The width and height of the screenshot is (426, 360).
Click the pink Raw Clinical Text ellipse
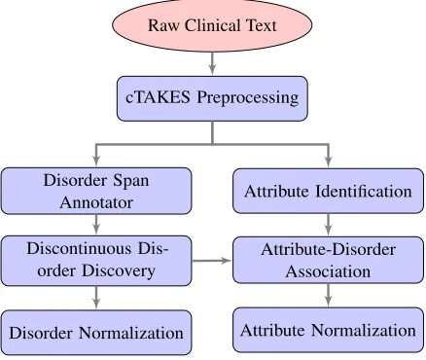(x=212, y=25)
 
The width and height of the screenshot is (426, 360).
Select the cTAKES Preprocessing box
(x=212, y=98)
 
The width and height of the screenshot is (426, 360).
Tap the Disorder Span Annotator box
(x=96, y=191)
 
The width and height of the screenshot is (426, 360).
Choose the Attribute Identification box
(x=328, y=191)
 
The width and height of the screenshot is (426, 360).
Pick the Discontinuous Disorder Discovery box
(x=96, y=261)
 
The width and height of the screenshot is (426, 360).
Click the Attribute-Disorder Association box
(x=328, y=260)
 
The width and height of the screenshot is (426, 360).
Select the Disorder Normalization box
(x=96, y=333)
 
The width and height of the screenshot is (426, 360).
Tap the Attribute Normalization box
(x=328, y=330)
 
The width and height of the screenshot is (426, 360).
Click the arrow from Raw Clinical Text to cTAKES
(x=212, y=64)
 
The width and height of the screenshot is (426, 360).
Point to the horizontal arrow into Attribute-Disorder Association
(x=212, y=260)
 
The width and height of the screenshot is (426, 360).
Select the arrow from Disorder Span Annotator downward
(x=96, y=225)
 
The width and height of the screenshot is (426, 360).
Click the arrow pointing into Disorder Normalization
(x=96, y=298)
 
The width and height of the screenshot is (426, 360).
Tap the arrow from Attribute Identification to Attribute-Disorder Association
(x=328, y=225)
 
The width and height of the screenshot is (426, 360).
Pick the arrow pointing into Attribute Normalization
(x=328, y=296)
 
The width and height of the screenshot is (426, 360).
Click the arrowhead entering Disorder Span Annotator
(x=96, y=162)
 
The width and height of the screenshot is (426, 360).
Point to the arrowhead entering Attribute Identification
(x=328, y=162)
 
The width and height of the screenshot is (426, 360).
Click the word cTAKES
(x=158, y=97)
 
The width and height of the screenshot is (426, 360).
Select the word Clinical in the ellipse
(x=213, y=25)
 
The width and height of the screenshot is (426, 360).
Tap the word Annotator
(x=96, y=202)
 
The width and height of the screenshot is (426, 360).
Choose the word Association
(x=328, y=271)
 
